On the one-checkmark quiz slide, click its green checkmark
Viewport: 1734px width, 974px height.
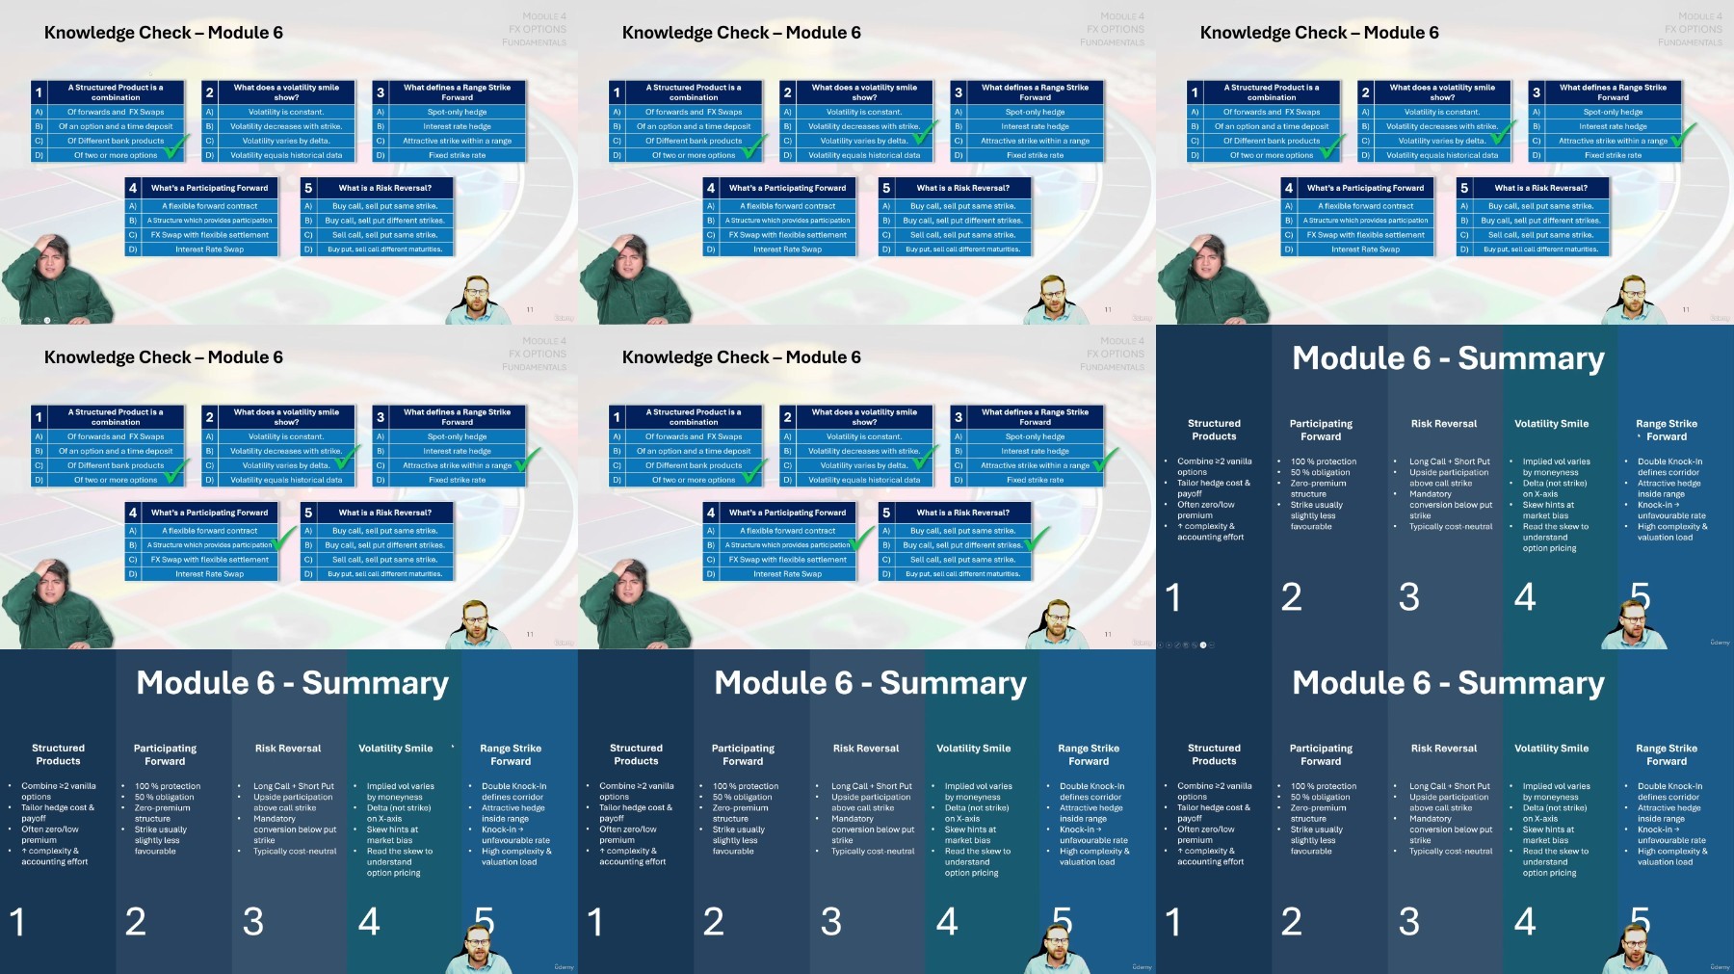175,148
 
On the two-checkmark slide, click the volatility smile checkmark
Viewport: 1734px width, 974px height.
927,133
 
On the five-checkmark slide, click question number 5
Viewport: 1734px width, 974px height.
886,513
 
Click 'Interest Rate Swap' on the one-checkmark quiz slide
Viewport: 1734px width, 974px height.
209,250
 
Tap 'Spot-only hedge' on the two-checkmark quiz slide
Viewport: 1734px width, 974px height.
1035,112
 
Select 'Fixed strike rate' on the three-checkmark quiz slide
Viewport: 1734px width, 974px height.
1613,155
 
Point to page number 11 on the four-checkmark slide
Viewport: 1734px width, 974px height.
530,634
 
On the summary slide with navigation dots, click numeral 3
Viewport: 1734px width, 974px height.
1408,598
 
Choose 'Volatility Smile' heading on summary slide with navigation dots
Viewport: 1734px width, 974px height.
1551,424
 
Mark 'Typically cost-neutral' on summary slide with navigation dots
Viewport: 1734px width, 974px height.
1451,527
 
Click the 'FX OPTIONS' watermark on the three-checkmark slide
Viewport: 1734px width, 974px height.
1694,30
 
